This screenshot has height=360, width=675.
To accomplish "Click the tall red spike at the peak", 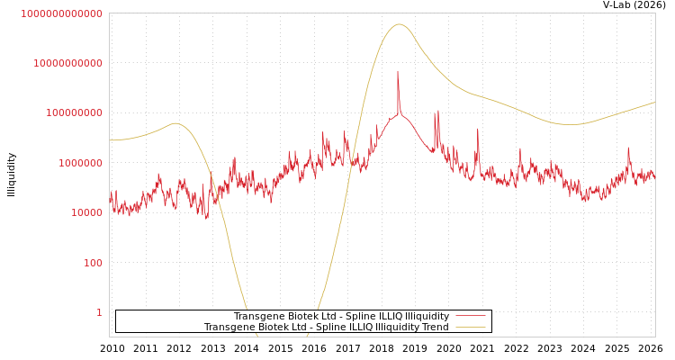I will (x=398, y=72).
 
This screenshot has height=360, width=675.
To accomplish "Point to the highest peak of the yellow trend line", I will (x=400, y=24).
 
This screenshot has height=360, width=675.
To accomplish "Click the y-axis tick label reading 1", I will (x=99, y=312).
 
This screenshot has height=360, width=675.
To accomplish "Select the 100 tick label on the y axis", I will (x=93, y=263).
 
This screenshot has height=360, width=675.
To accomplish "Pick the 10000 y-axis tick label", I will (x=86, y=212).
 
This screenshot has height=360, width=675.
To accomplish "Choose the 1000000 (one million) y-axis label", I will (x=80, y=163).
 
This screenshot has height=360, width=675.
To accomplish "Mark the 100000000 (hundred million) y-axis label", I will (x=74, y=112).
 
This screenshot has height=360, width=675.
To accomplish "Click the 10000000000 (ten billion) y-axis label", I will (x=67, y=63).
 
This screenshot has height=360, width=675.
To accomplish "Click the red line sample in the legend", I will (x=471, y=316).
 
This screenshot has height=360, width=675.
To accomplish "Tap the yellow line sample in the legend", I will (x=471, y=327).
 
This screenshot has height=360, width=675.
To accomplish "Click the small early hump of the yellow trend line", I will (x=175, y=123).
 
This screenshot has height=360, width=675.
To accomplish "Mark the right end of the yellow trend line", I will (x=654, y=102).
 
